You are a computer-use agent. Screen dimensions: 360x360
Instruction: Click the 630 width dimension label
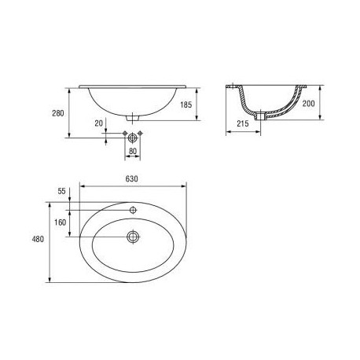pos(131,179)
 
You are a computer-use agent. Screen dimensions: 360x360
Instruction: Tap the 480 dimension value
pos(38,239)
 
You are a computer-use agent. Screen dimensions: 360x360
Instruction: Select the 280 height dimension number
pos(58,113)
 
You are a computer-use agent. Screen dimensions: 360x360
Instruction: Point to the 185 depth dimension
pos(186,105)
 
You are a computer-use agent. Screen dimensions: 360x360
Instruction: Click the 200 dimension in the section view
pos(309,104)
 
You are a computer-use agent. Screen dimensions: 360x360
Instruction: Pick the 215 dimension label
pos(243,123)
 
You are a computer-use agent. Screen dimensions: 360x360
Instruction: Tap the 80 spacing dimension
pos(133,152)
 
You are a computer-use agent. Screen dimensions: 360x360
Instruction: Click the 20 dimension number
pos(98,123)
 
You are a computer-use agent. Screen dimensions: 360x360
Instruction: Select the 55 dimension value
pos(61,191)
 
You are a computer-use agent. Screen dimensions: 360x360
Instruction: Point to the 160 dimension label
pos(60,222)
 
